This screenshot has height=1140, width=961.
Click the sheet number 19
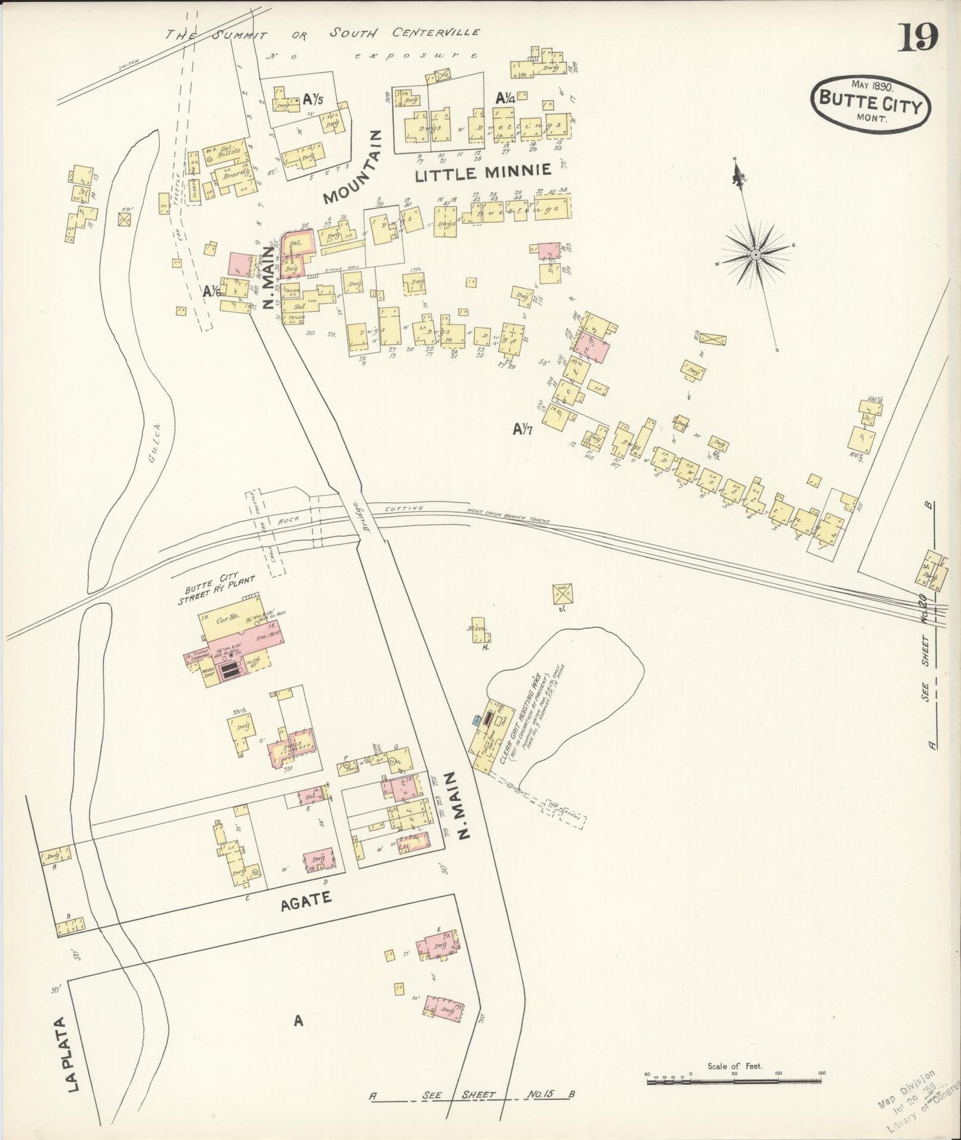[x=918, y=37]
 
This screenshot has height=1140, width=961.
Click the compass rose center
[x=756, y=254]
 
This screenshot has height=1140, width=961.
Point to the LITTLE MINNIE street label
[x=483, y=175]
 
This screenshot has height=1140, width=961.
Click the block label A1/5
[x=313, y=100]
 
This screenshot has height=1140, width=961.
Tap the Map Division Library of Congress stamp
[x=918, y=1101]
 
